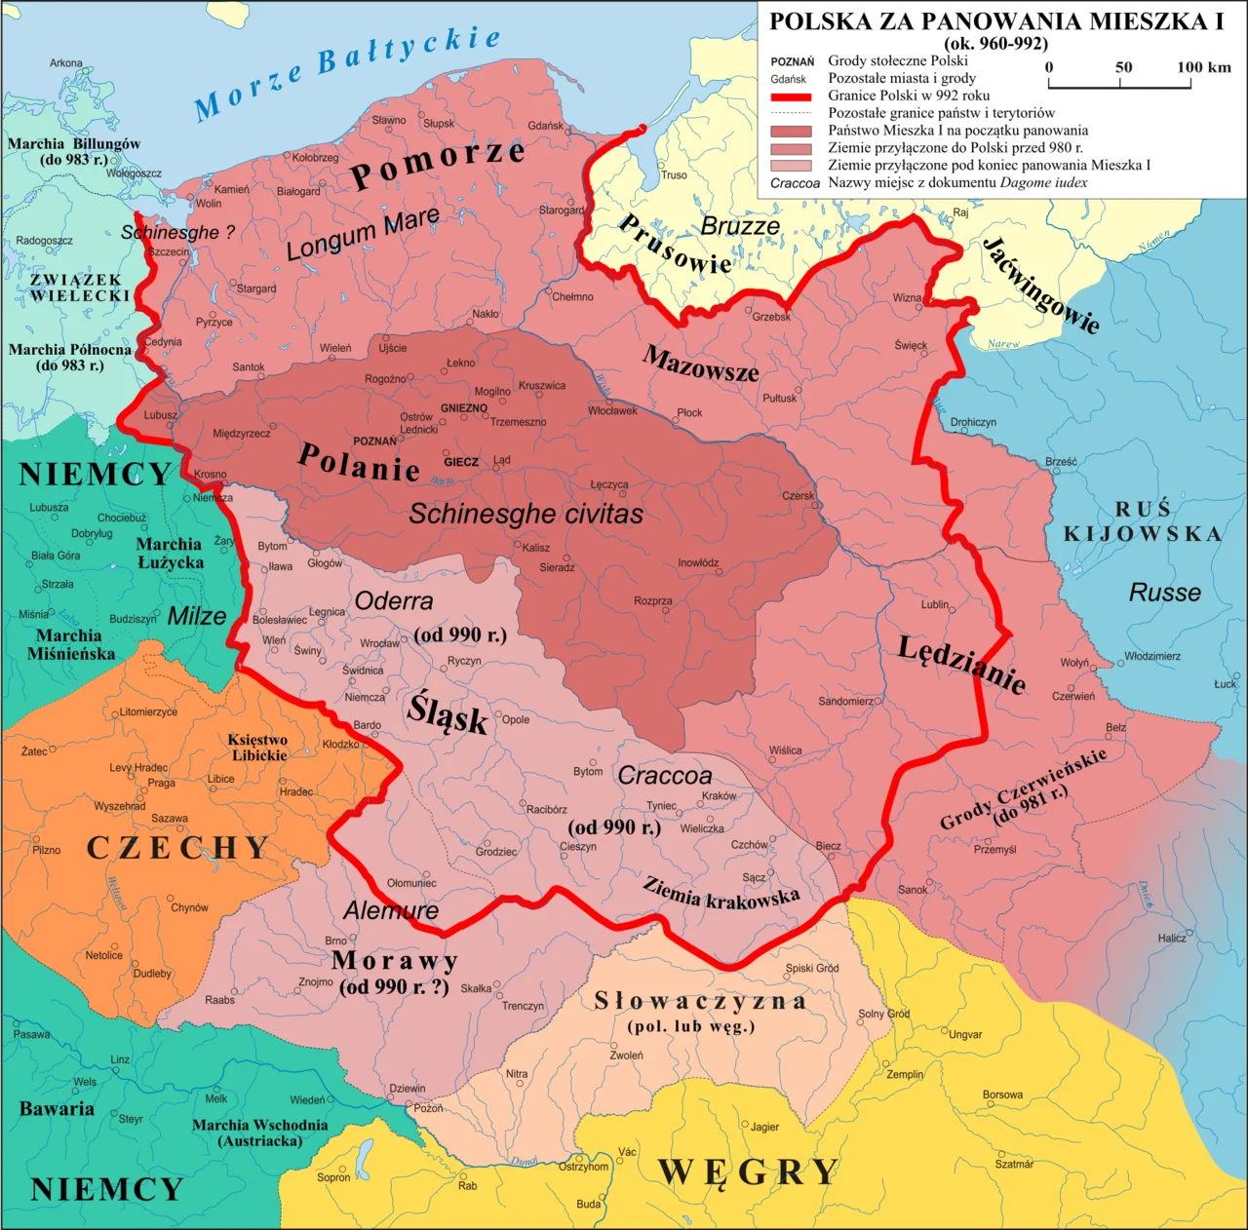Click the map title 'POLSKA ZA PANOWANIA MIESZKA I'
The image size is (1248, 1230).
[995, 21]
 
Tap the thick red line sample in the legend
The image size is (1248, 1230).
[791, 96]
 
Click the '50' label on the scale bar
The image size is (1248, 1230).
[1123, 67]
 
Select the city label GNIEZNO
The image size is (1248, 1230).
[463, 408]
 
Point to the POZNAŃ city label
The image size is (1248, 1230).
[374, 442]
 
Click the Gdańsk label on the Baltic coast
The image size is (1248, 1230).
[546, 126]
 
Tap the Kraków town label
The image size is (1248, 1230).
[719, 796]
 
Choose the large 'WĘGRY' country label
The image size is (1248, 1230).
[748, 1172]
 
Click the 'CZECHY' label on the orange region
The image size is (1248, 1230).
[177, 848]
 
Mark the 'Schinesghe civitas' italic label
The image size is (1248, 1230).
[526, 514]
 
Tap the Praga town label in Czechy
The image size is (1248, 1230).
[162, 783]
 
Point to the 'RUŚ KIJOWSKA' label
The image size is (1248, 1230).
[1142, 521]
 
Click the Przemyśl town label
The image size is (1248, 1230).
[994, 850]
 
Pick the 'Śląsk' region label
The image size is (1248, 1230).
[448, 714]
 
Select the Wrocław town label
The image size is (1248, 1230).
[379, 643]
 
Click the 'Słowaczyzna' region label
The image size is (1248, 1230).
[700, 1002]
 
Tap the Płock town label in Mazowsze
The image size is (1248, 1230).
[689, 412]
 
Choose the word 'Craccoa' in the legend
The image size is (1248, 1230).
[795, 183]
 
